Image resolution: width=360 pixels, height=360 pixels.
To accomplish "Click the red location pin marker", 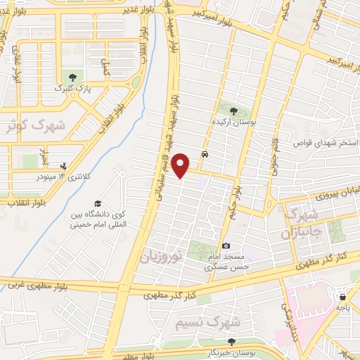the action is [x=182, y=165].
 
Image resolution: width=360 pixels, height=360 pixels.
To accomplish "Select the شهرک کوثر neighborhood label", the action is [x=32, y=127].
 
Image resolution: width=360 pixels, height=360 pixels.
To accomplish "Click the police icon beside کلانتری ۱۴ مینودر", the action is [x=64, y=166].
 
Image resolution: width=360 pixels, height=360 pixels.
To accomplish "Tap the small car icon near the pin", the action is [x=204, y=153].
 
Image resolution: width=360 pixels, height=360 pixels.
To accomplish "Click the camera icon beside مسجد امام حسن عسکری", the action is [x=226, y=245].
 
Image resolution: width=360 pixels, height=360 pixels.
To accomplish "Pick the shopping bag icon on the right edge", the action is [x=342, y=297].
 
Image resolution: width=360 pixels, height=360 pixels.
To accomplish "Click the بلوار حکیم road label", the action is [x=236, y=198].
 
